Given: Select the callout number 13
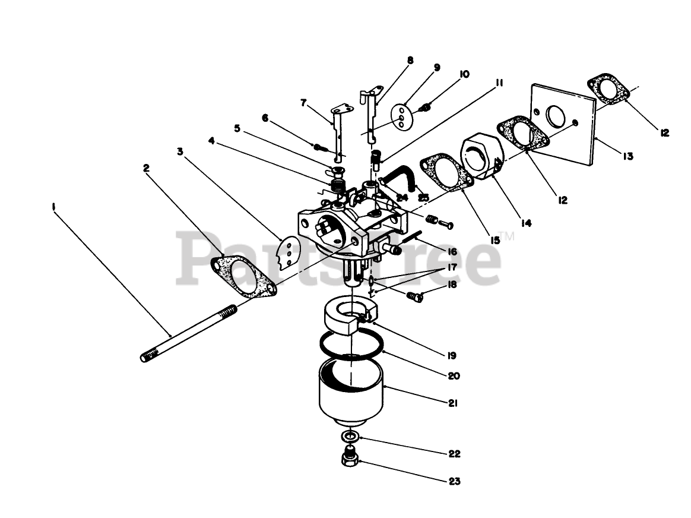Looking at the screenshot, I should pyautogui.click(x=627, y=156).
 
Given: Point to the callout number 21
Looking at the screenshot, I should pyautogui.click(x=453, y=403).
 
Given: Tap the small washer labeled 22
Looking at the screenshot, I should pyautogui.click(x=350, y=438).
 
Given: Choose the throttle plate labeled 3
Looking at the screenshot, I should pyautogui.click(x=289, y=253).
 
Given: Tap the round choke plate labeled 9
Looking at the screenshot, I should pyautogui.click(x=404, y=116).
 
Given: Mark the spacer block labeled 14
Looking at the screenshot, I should pyautogui.click(x=480, y=154).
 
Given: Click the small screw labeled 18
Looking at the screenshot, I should pyautogui.click(x=415, y=296).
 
